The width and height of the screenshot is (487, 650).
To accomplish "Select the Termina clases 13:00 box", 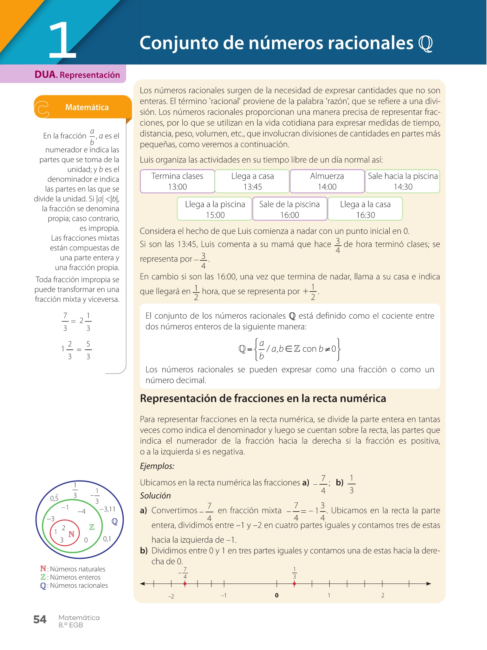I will tap(177, 181).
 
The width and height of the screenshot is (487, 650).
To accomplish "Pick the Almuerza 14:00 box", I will tap(327, 181).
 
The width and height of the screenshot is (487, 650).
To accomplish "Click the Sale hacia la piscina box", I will tap(403, 181).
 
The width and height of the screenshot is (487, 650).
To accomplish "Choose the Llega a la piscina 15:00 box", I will tap(215, 209).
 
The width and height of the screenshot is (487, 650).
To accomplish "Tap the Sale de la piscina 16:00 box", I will tap(289, 209).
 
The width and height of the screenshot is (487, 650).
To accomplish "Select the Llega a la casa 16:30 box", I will tap(365, 209).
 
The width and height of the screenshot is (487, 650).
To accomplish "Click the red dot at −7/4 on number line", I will tap(185, 584).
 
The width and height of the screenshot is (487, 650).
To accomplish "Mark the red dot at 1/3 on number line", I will tap(294, 584).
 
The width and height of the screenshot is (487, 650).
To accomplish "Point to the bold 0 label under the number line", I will tap(276, 595).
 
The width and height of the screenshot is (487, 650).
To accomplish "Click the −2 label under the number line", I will tap(171, 596).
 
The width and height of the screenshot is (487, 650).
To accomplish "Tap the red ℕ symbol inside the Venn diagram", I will tap(71, 534).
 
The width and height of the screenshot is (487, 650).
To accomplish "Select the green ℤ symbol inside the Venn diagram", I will tap(92, 527).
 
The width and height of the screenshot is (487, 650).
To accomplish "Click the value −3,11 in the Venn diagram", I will tap(107, 509).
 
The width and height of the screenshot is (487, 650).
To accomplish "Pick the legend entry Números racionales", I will tap(79, 586).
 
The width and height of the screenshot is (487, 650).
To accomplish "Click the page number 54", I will tap(40, 620).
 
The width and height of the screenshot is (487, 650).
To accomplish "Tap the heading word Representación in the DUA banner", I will tap(90, 75).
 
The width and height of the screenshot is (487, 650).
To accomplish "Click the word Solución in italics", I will tap(155, 496).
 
